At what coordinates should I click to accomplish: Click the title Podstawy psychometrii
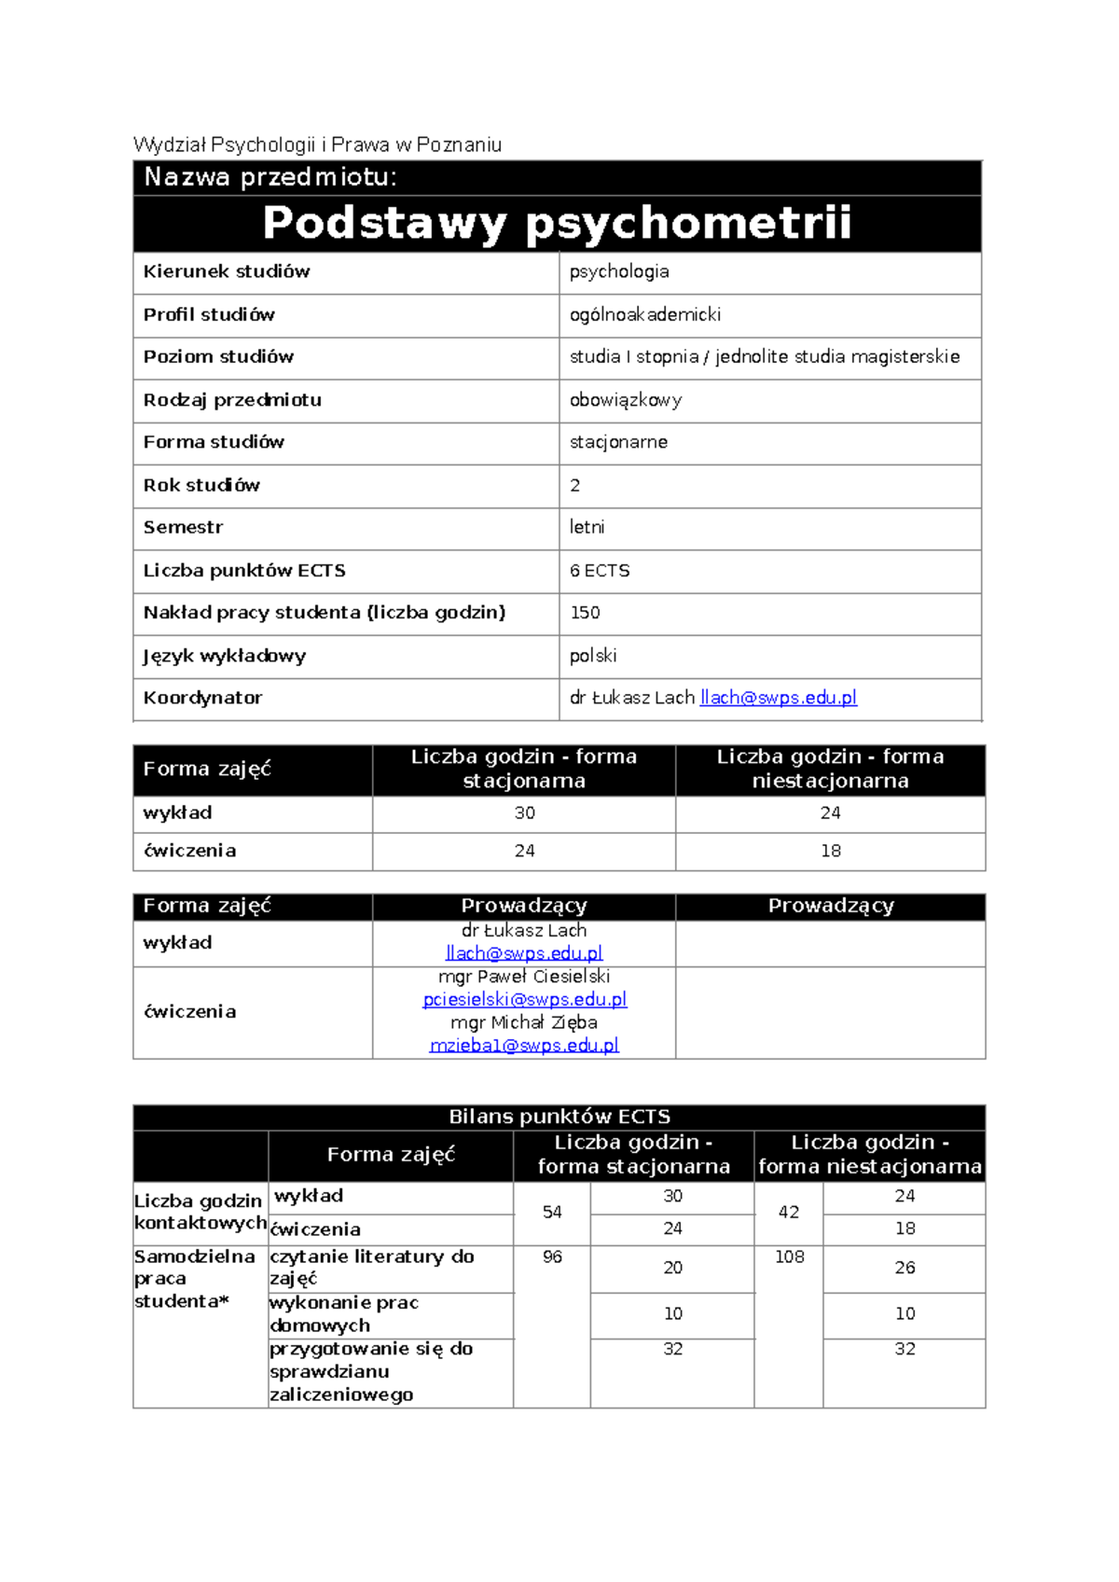(x=557, y=224)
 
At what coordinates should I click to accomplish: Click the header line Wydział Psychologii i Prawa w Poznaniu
(x=317, y=145)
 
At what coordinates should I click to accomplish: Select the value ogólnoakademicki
(x=645, y=314)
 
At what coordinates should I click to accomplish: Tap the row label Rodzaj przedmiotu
(x=232, y=399)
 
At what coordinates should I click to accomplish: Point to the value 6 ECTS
(x=600, y=570)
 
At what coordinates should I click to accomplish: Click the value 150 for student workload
(x=585, y=613)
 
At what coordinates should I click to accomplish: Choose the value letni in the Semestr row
(x=587, y=527)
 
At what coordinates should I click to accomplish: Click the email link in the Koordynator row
(x=778, y=698)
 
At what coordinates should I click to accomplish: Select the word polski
(x=593, y=656)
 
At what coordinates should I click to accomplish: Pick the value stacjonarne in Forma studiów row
(x=618, y=442)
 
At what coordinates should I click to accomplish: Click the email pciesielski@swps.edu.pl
(x=524, y=999)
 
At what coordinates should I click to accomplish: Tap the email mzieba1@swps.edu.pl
(x=524, y=1046)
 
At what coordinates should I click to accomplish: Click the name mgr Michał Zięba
(x=524, y=1022)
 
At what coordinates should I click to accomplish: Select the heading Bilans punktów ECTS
(x=559, y=1117)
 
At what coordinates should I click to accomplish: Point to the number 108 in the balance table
(x=789, y=1257)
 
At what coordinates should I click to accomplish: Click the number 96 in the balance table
(x=552, y=1257)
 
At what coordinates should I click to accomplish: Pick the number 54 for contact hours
(x=552, y=1212)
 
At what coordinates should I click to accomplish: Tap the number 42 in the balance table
(x=789, y=1212)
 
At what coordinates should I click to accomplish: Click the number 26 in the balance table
(x=905, y=1268)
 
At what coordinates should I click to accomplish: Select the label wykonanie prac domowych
(x=344, y=1313)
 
